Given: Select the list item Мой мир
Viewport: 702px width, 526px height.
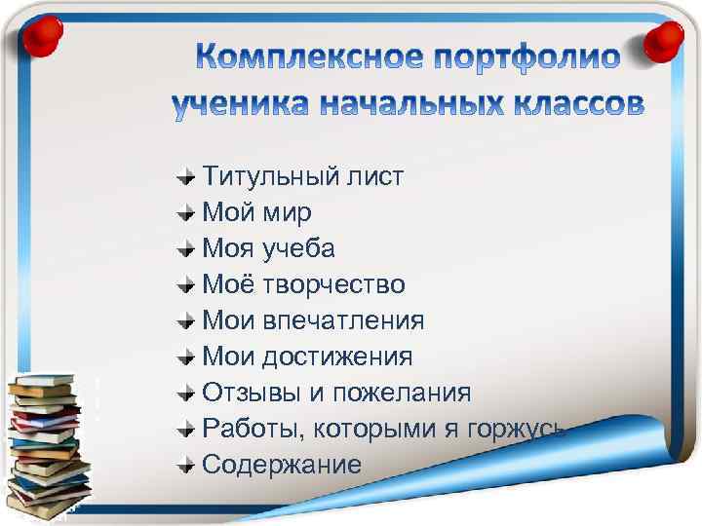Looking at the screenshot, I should pos(256,212).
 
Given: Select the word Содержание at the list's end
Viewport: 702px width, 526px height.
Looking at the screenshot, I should pos(281,465).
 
